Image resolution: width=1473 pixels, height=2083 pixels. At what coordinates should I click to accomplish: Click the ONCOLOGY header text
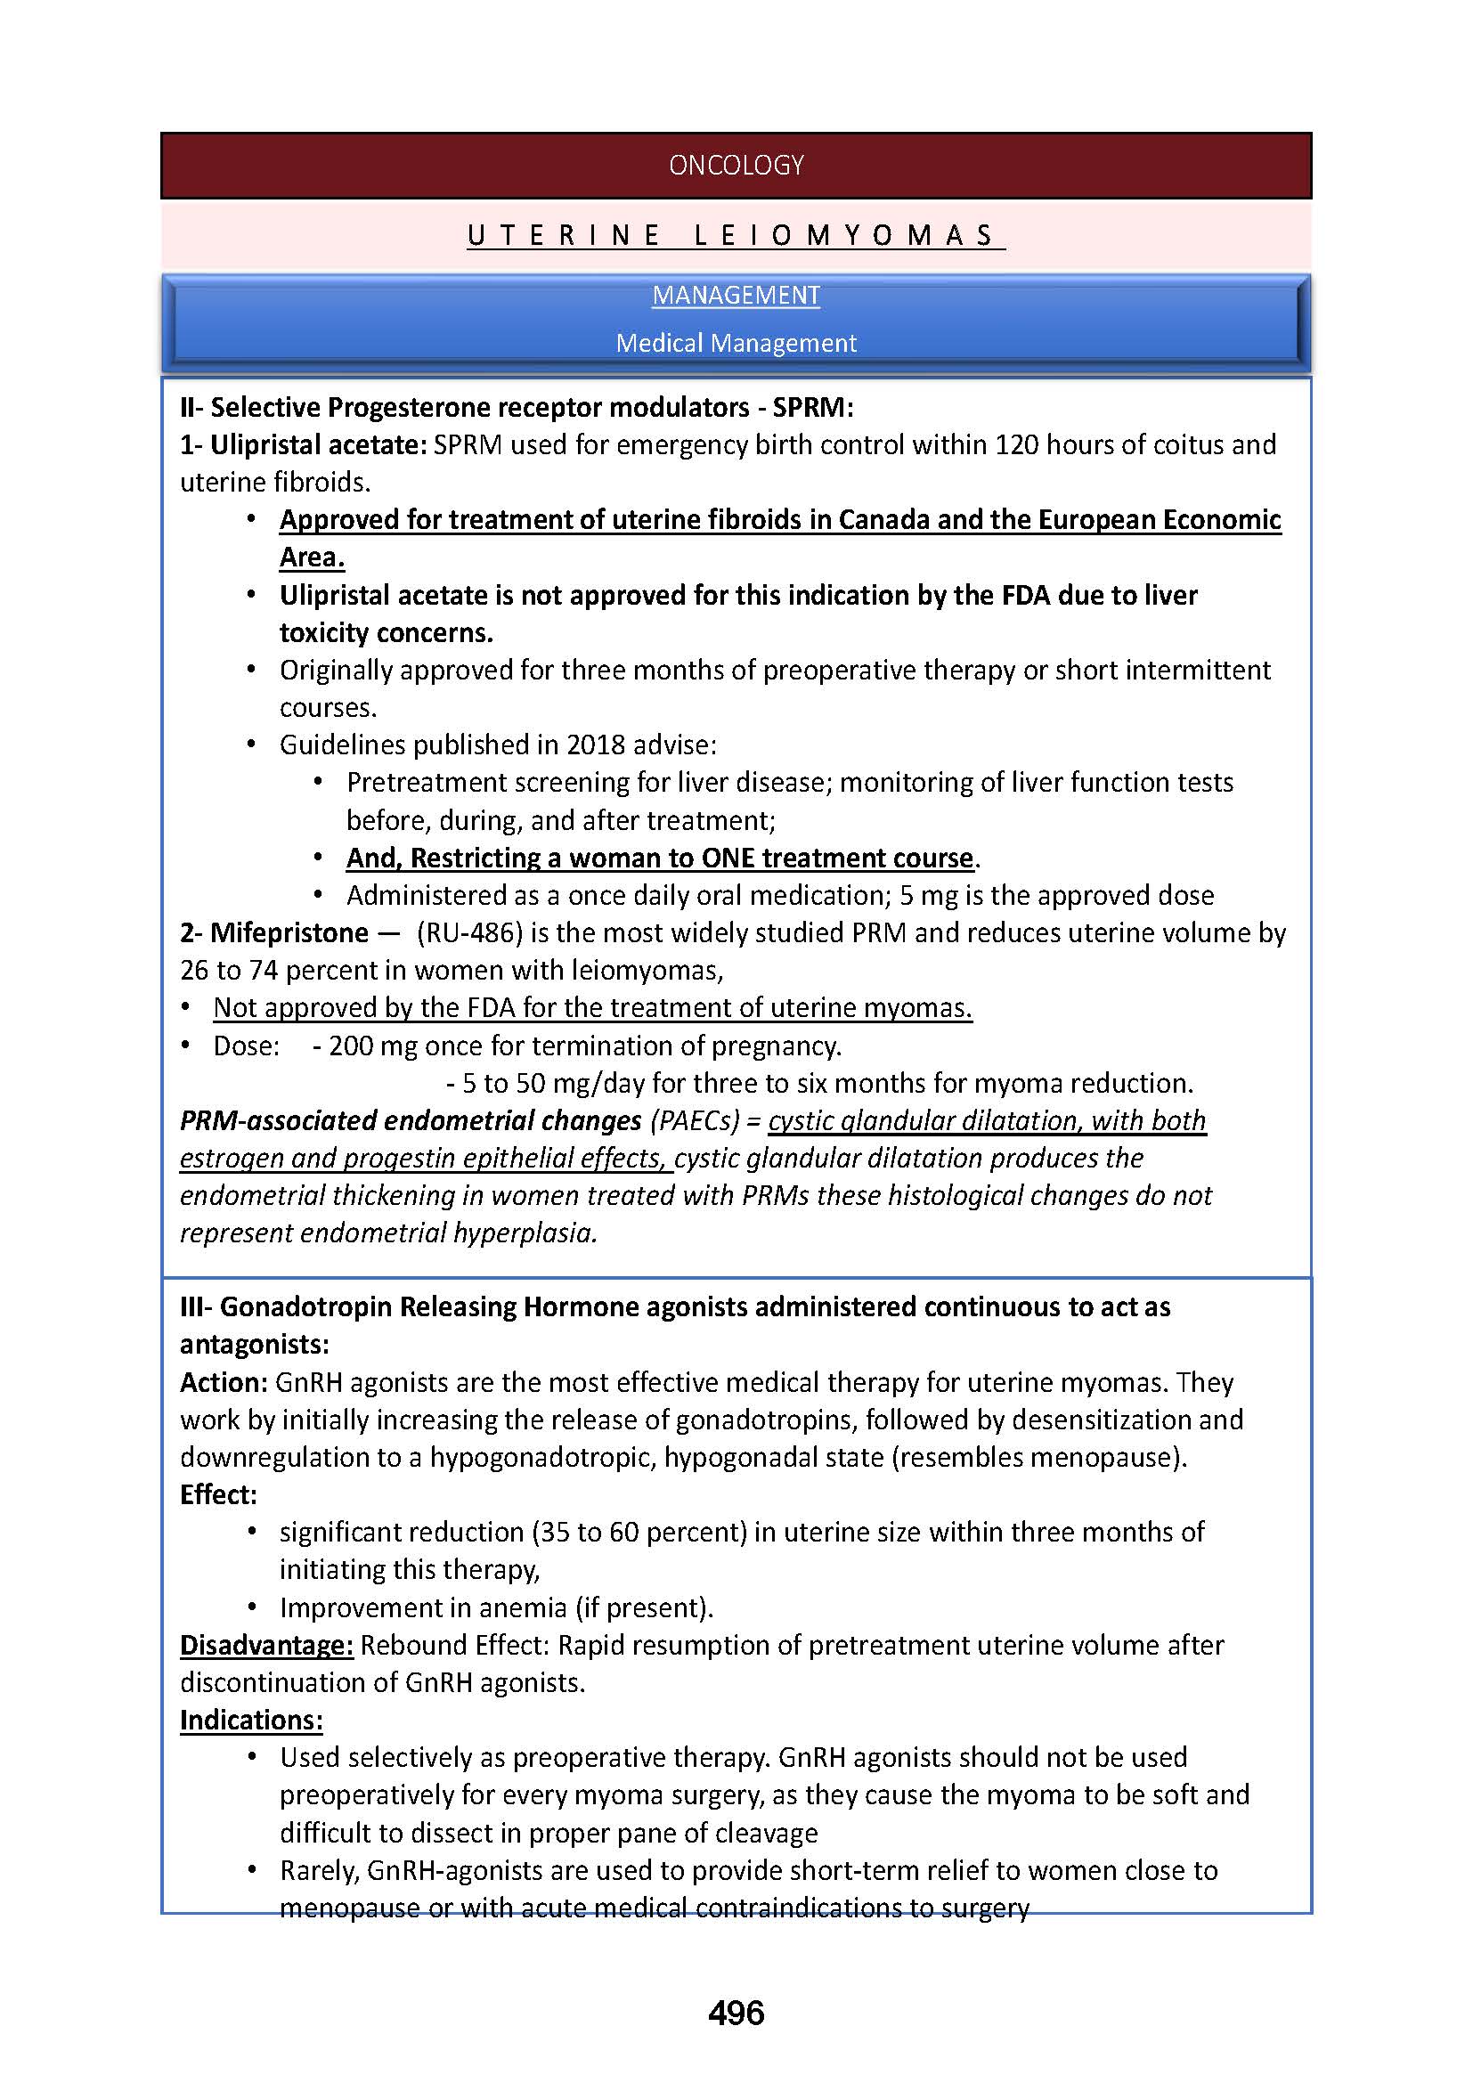tap(736, 165)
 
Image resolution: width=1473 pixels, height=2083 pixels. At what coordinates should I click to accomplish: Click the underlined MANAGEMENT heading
tap(736, 296)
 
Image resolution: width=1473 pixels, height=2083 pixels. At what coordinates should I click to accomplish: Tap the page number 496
tap(736, 2014)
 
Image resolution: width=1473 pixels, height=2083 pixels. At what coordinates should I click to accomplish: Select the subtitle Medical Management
tap(736, 343)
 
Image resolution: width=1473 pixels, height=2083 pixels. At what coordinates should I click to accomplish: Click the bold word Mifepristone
tap(289, 932)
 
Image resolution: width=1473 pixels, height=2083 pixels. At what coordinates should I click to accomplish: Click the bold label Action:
tap(224, 1383)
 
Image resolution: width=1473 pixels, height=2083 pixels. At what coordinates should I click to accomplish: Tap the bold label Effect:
tap(217, 1494)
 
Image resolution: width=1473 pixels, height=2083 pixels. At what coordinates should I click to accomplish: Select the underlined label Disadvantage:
tap(265, 1645)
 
